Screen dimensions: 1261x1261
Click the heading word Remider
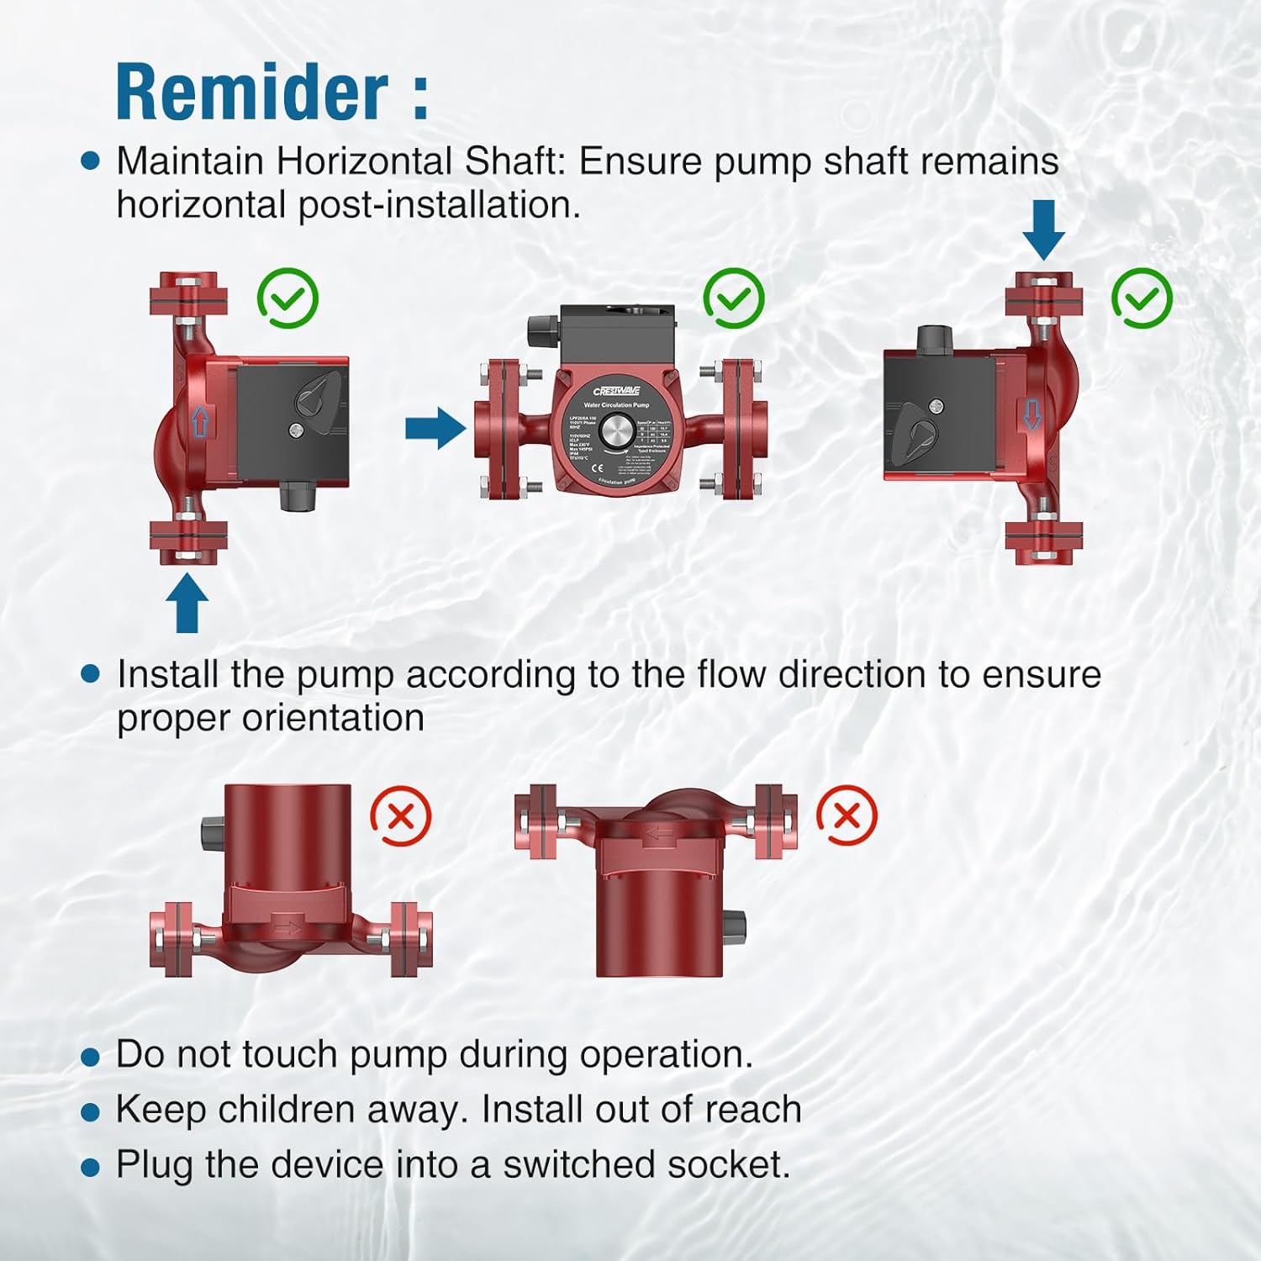252,92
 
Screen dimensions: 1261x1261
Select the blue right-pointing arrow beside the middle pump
435,429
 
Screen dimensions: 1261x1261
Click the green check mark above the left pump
288,298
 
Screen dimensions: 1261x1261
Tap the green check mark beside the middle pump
733,298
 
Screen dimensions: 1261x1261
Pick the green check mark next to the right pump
1142,298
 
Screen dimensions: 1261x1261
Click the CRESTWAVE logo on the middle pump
616,391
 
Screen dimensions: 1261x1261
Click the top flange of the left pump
188,293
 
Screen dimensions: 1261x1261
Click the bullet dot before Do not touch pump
90,1058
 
